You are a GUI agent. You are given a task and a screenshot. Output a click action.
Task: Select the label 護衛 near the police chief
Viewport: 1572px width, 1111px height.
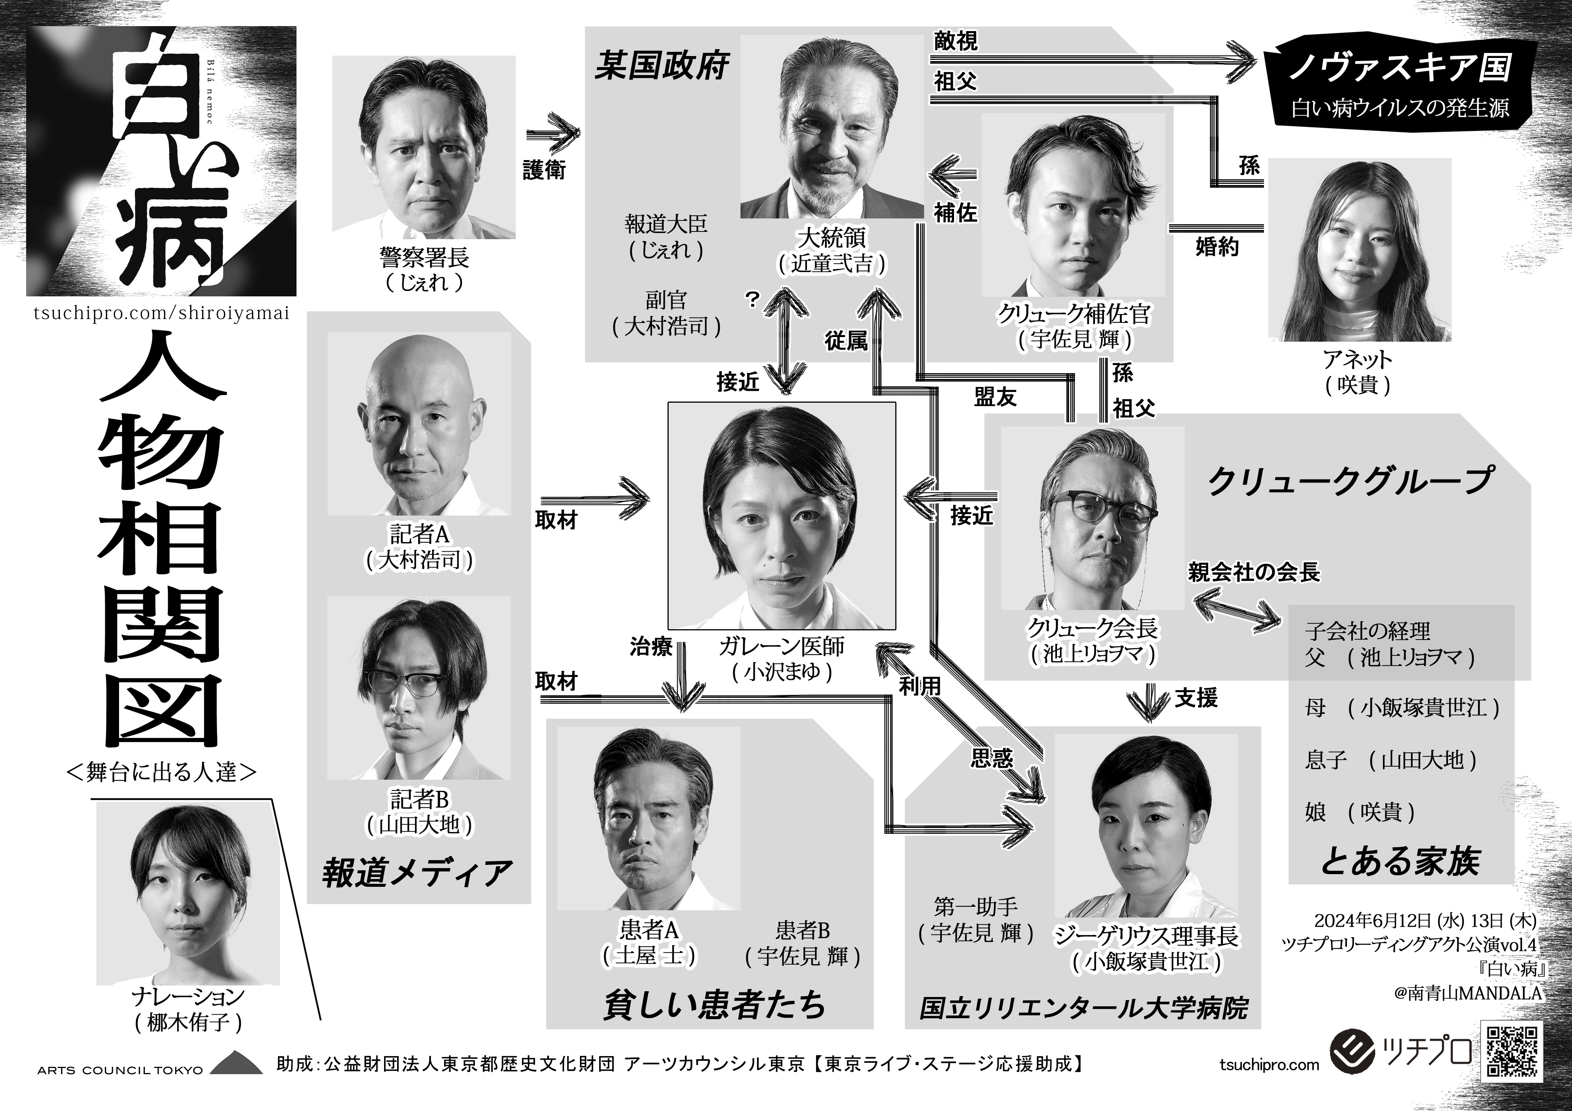click(544, 170)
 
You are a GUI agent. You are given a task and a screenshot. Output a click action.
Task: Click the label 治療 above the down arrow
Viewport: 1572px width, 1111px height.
click(651, 647)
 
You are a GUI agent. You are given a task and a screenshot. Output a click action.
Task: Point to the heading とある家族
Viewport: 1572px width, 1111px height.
click(1400, 860)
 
